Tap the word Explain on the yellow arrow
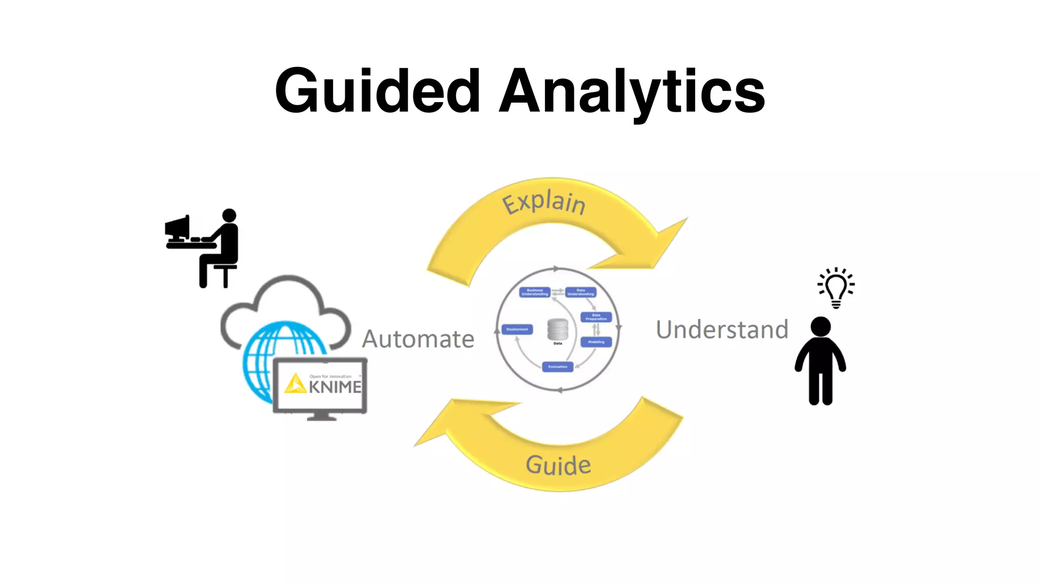[543, 203]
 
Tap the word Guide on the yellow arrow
[558, 465]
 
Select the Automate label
[418, 339]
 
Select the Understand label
[722, 330]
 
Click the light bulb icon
[836, 288]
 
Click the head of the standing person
[821, 327]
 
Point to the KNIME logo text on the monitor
[335, 387]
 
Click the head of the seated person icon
[230, 215]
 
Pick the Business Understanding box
[535, 292]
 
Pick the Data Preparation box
[596, 317]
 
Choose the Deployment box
[517, 330]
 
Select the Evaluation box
[558, 367]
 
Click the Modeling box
[596, 342]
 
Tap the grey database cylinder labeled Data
[558, 330]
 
